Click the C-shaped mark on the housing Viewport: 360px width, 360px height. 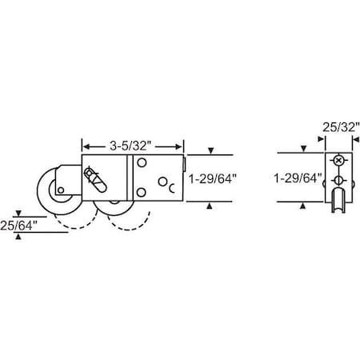tap(171, 189)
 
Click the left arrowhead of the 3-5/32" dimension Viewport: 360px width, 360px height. tap(86, 146)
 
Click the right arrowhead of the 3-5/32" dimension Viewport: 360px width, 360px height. tap(181, 146)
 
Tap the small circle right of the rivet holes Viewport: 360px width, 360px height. tap(162, 181)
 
